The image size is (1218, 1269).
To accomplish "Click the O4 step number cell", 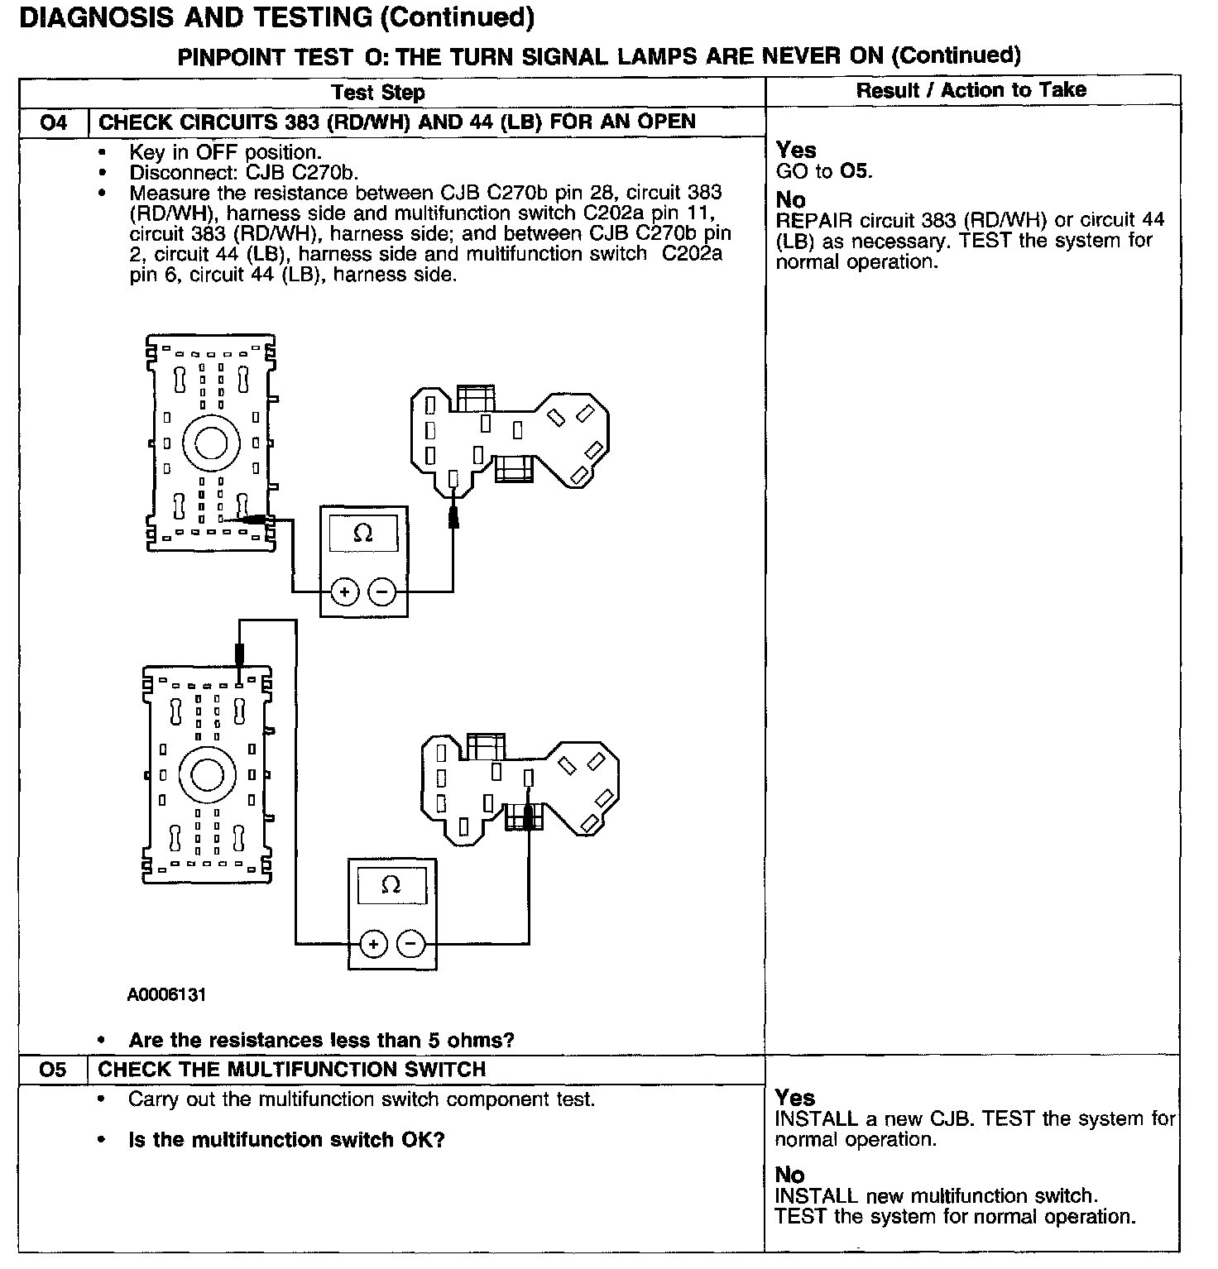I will click(x=53, y=123).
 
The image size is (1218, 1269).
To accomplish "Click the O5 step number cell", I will click(x=52, y=1070).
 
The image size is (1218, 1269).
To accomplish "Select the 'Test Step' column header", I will click(x=378, y=92).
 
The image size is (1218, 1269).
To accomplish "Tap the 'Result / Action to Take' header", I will click(x=971, y=90).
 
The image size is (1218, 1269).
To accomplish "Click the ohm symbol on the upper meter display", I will click(x=362, y=534).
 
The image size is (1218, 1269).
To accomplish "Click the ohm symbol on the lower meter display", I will click(x=391, y=885).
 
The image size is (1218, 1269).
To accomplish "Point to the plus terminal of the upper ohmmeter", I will click(x=345, y=592).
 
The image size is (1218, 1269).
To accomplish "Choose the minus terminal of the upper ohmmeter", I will click(x=381, y=592).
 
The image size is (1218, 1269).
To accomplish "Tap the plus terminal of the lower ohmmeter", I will click(x=373, y=944).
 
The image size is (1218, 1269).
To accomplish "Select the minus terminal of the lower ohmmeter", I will click(x=410, y=944).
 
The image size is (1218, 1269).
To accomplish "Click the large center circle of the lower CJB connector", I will click(x=207, y=775).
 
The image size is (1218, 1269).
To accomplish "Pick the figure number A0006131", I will click(x=166, y=994).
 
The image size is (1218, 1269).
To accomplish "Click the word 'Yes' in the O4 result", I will click(x=796, y=151).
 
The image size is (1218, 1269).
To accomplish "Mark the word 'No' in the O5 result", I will click(x=789, y=1175).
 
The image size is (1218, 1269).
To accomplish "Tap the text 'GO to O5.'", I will click(x=824, y=171).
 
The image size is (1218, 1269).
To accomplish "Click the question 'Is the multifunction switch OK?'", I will click(x=286, y=1140).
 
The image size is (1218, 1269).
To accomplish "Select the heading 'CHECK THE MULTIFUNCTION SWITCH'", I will click(x=292, y=1070).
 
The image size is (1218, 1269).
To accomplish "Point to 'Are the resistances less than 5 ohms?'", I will click(x=321, y=1040).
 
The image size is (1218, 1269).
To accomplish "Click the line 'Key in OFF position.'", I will click(x=225, y=152).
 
